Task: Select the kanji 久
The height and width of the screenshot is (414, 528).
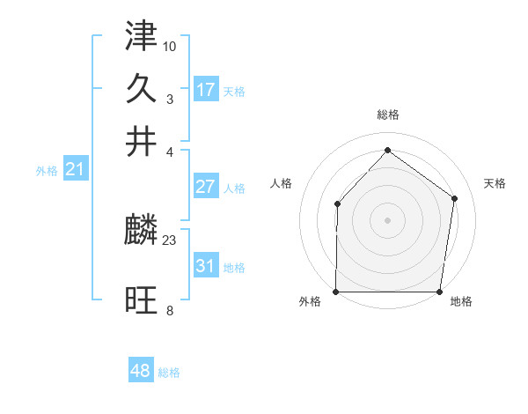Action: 142,91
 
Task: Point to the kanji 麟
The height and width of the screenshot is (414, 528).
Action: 142,232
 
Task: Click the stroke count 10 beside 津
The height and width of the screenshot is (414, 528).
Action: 170,44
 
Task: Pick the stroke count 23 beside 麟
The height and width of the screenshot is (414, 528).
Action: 170,239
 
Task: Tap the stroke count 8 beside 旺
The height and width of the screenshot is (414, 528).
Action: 170,309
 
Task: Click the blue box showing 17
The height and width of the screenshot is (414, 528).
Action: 206,90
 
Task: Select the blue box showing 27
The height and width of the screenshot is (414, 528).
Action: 206,187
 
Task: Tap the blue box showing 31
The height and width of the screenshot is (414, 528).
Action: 206,266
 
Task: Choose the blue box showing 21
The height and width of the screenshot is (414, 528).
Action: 74,170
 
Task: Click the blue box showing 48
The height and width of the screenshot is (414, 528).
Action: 140,371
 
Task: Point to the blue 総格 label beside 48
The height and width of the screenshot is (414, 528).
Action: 169,373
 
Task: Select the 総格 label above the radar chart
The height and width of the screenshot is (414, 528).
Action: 387,115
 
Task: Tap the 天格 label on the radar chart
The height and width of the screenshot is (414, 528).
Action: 495,183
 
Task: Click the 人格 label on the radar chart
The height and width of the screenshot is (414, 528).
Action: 281,183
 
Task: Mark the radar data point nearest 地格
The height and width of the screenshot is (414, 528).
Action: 439,291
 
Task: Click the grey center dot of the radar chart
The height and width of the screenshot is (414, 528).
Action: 387,219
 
